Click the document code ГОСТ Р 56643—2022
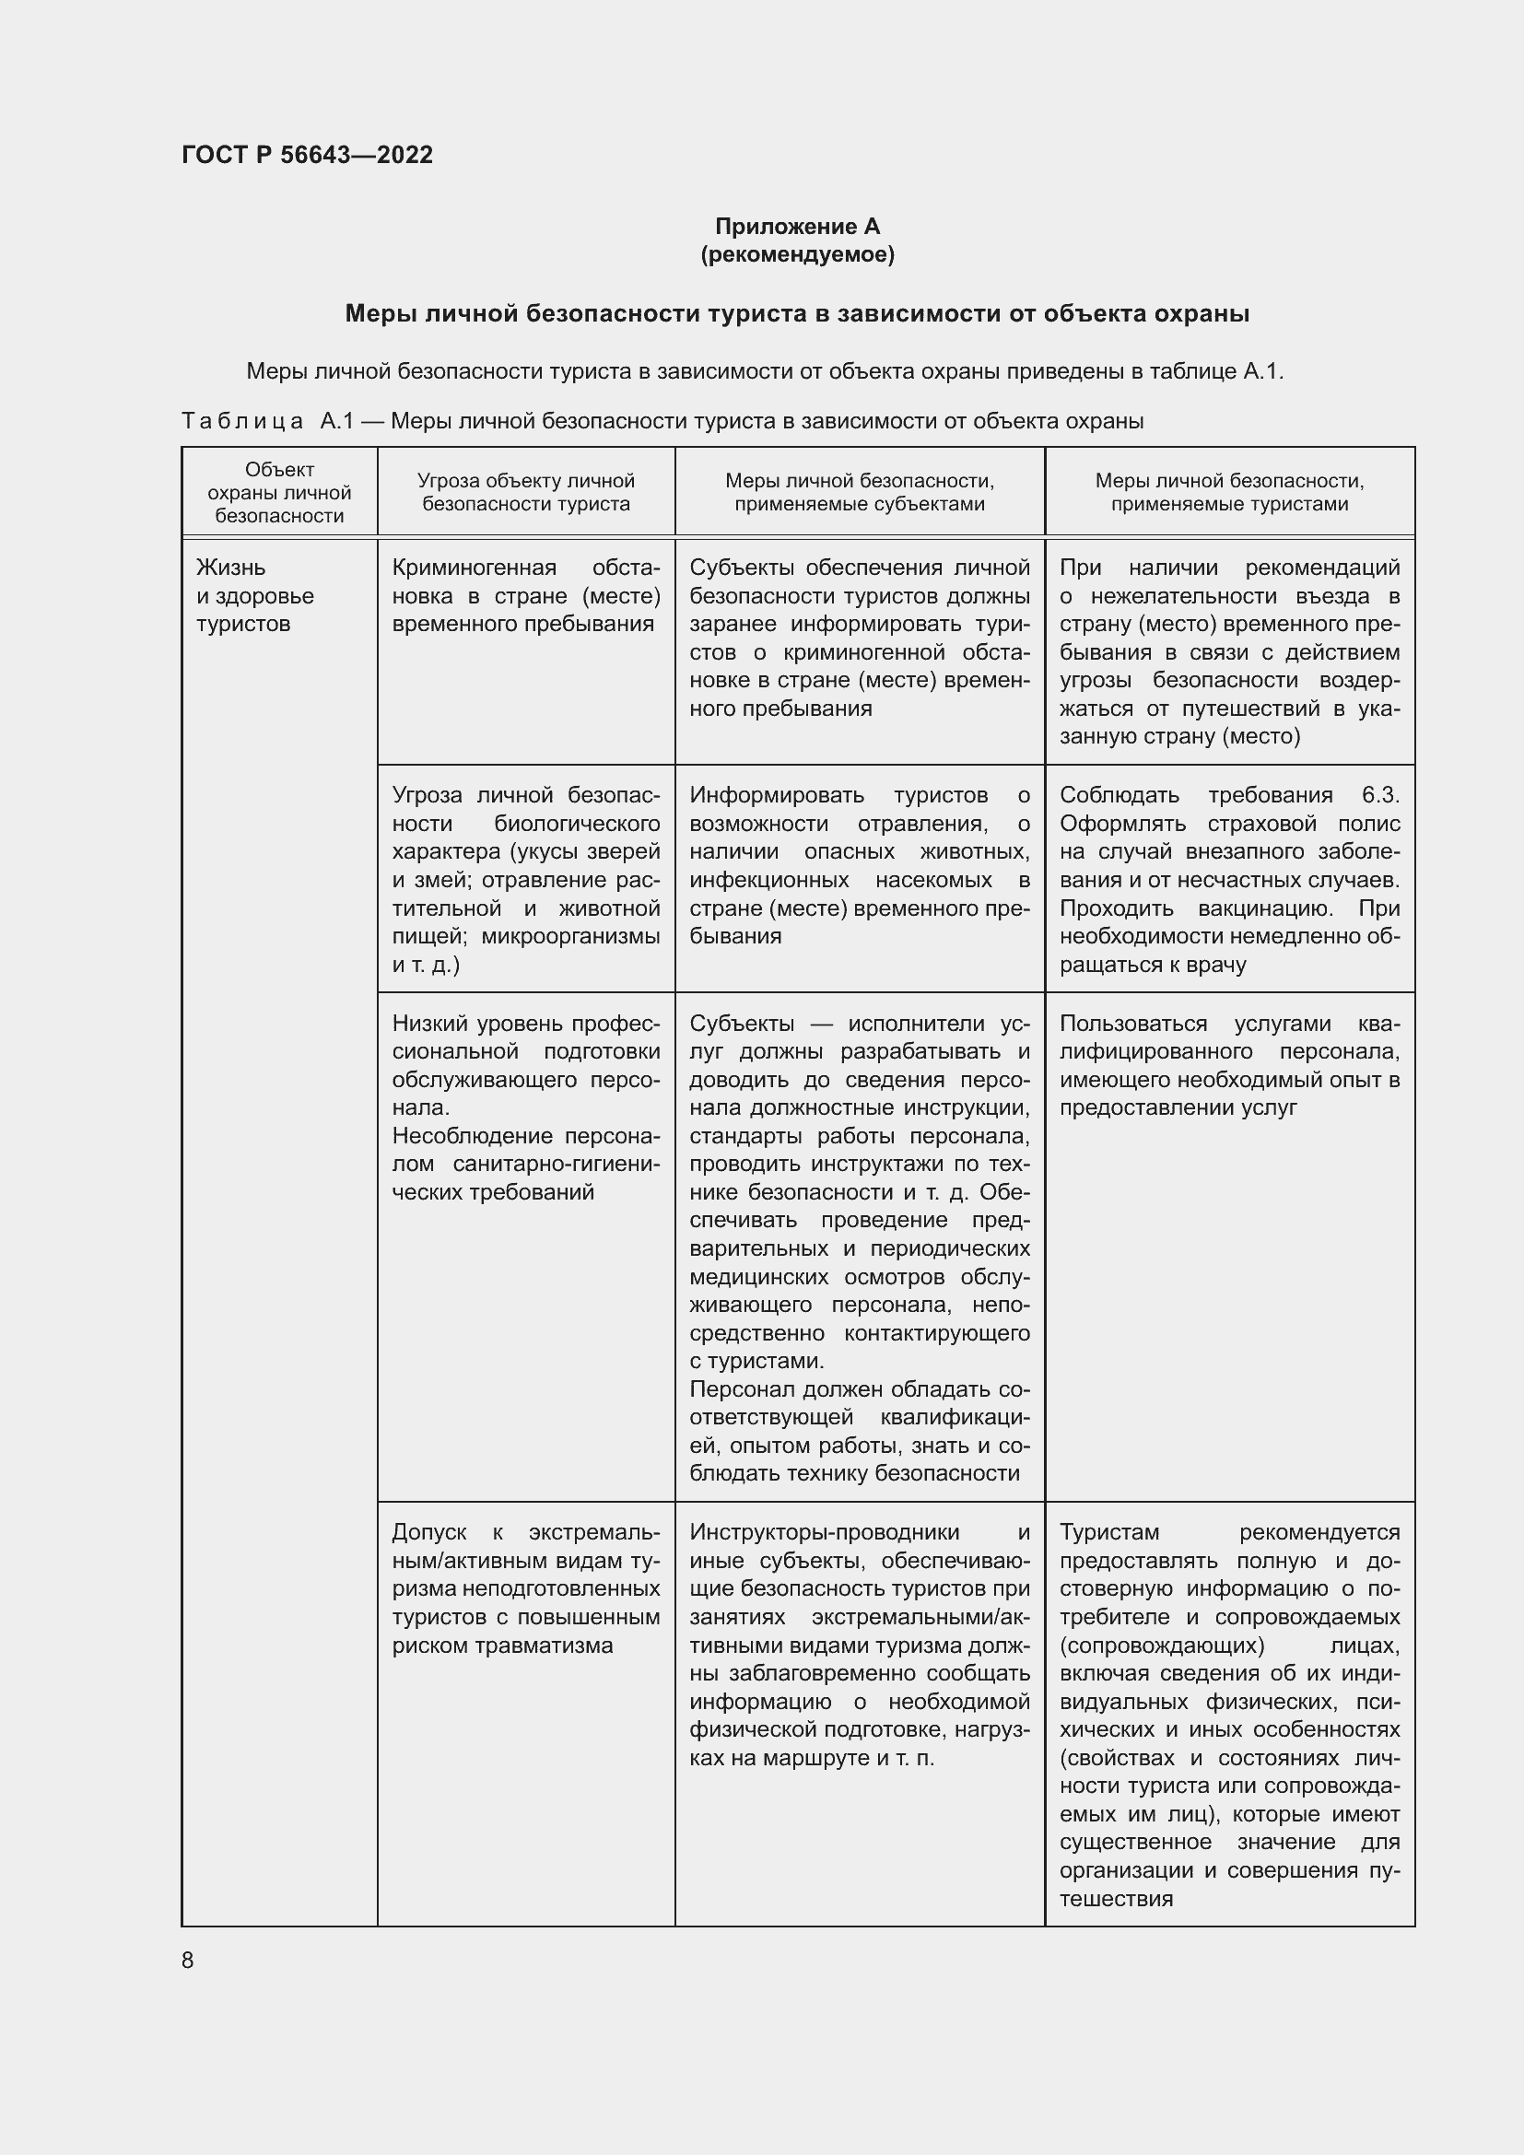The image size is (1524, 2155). (307, 155)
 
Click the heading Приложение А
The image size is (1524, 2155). (797, 227)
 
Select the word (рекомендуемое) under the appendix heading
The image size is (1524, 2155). (797, 254)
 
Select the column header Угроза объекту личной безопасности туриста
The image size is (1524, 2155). (525, 492)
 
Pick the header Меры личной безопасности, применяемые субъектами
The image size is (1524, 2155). (859, 492)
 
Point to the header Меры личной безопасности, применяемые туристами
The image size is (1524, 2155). (1228, 492)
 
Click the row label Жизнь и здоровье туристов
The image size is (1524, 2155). (254, 596)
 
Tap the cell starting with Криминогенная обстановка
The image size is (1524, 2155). (525, 596)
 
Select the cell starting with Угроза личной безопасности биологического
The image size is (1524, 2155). (525, 879)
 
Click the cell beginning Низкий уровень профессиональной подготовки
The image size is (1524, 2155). (525, 1107)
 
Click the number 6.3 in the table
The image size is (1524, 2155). (1378, 795)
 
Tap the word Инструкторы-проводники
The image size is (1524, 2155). (824, 1532)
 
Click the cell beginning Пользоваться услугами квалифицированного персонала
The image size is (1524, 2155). (1228, 1065)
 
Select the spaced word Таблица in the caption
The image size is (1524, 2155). (242, 421)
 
